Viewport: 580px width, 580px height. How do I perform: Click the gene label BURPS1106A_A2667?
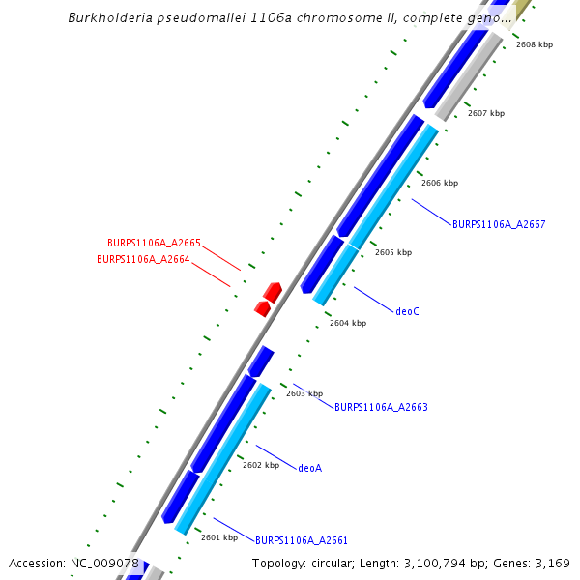(x=499, y=224)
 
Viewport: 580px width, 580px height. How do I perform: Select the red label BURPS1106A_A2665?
(x=154, y=244)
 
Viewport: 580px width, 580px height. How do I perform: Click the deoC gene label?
(x=407, y=311)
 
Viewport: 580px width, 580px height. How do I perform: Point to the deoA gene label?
(x=309, y=468)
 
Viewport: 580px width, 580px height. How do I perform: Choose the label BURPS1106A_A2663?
(x=381, y=408)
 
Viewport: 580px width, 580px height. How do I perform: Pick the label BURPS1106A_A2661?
(x=302, y=540)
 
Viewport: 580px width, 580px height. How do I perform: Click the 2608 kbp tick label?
(x=535, y=44)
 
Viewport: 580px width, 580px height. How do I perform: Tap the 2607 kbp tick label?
(x=486, y=113)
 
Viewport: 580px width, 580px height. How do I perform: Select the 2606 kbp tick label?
(x=440, y=183)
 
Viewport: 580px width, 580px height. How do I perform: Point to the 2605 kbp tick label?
(x=393, y=252)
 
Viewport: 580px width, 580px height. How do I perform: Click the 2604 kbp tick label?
(x=348, y=323)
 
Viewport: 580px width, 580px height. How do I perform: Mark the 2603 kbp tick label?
(x=304, y=393)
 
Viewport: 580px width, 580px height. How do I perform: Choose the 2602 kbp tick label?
(x=261, y=465)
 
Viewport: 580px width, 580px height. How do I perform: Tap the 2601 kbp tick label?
(x=219, y=537)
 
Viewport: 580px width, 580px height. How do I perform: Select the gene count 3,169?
(x=553, y=564)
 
